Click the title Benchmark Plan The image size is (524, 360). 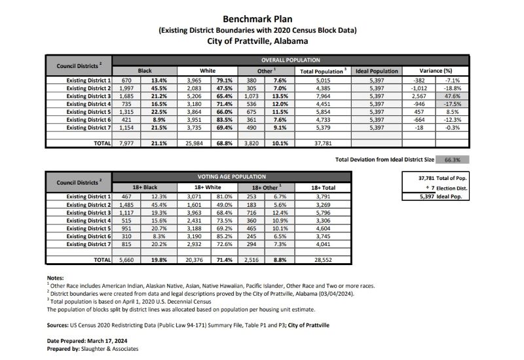pyautogui.click(x=261, y=19)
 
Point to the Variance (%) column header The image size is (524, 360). pyautogui.click(x=436, y=70)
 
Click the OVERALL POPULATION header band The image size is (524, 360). pyautogui.click(x=291, y=60)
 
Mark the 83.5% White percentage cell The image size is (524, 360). pyautogui.click(x=223, y=119)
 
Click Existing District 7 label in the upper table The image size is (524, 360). pyautogui.click(x=89, y=127)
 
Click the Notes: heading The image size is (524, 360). pyautogui.click(x=55, y=278)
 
